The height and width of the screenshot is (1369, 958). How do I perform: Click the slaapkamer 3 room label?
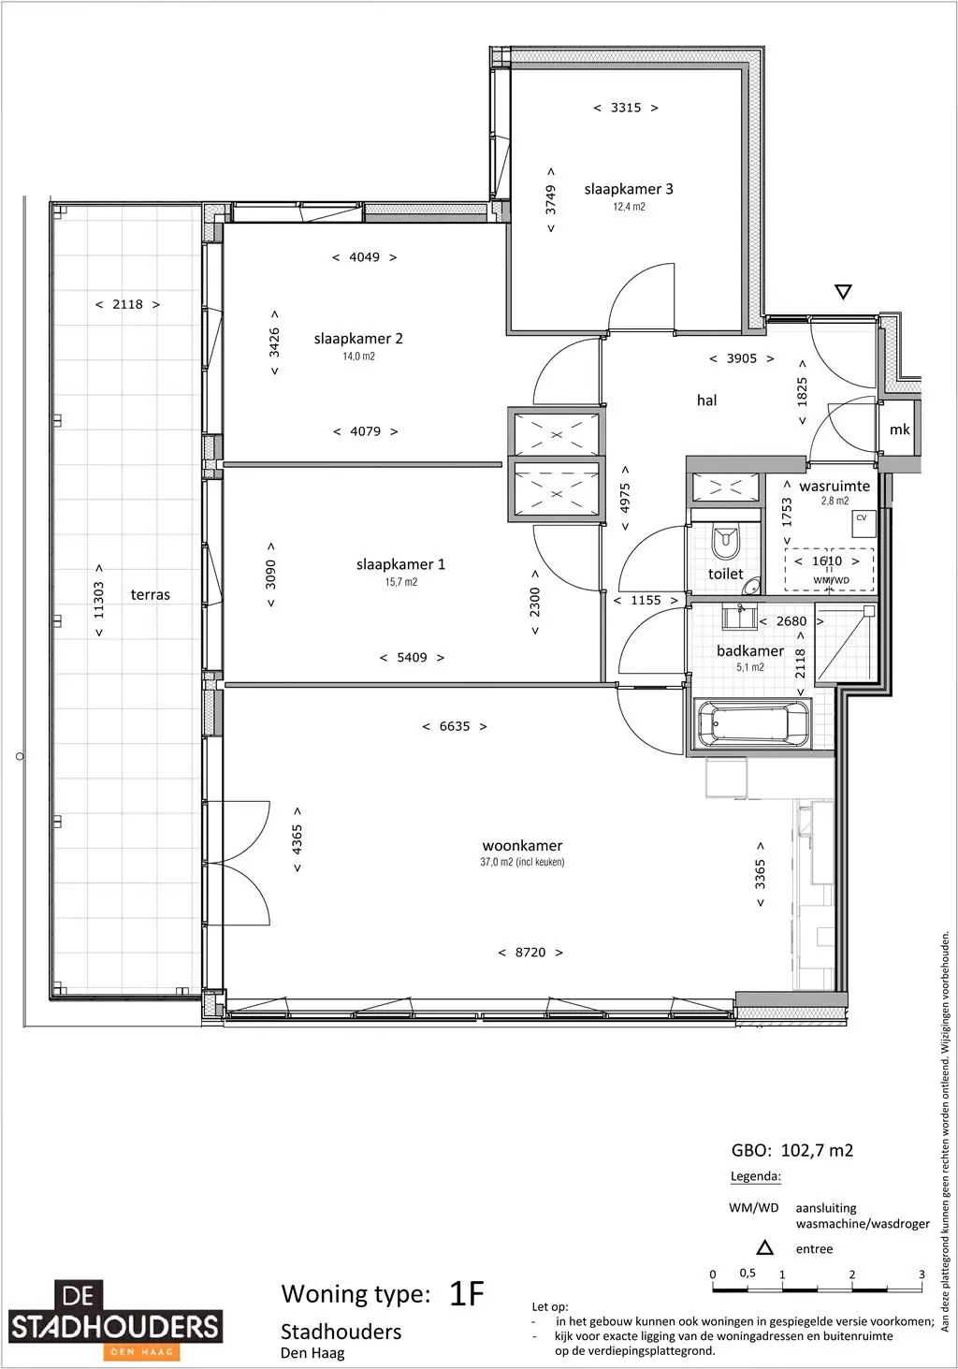pos(629,189)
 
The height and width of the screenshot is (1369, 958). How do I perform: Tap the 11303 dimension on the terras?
pos(99,601)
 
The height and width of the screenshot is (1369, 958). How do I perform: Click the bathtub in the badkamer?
pos(753,723)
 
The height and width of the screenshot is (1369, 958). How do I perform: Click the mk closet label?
pos(899,430)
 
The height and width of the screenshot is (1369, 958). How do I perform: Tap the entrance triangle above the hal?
pos(844,292)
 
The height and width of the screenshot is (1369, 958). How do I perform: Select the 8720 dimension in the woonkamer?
pos(530,953)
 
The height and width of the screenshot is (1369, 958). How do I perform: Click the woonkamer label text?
pos(522,846)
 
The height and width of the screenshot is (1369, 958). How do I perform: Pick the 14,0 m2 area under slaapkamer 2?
pos(358,357)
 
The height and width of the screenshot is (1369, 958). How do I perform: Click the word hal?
pos(707,401)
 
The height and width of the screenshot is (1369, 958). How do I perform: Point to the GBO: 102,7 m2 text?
pos(792,1151)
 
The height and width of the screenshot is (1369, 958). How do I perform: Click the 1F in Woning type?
pos(468,1294)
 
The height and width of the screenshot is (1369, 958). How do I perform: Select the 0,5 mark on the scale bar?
pos(748,1273)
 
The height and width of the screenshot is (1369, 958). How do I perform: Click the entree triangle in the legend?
pos(765,1248)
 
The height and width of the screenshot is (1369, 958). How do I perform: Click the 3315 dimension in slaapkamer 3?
pos(626,108)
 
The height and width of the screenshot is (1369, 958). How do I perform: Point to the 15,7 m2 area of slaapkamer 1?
pos(400,582)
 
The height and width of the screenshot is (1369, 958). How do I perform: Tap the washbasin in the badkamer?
pos(740,617)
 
